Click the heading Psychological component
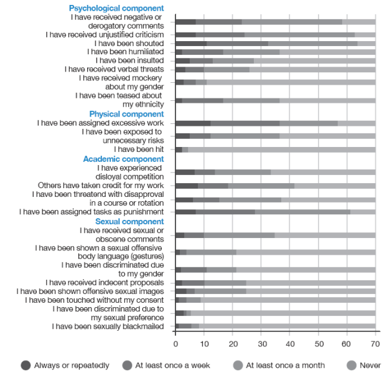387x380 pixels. click(116, 8)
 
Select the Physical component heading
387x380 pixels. click(126, 114)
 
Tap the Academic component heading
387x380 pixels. click(123, 159)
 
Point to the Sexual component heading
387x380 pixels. click(129, 221)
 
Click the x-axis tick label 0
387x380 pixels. click(175, 343)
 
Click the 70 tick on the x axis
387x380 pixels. click(375, 343)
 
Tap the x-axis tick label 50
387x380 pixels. click(318, 343)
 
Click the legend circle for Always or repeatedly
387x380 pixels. click(26, 365)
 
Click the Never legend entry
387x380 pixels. click(370, 365)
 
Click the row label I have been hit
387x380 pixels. click(139, 150)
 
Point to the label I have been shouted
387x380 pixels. click(129, 44)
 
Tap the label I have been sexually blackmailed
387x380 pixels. click(108, 326)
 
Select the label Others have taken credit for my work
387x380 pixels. click(101, 185)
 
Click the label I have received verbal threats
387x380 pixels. click(114, 69)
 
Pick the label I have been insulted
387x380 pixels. click(130, 60)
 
